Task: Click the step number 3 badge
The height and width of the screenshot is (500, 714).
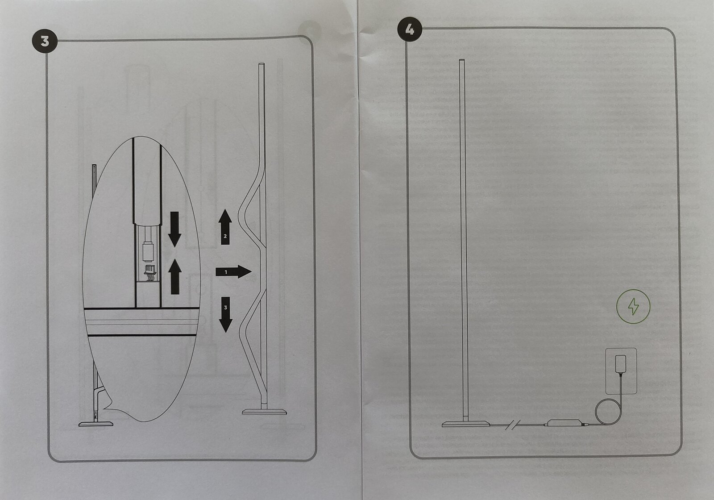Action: (x=45, y=41)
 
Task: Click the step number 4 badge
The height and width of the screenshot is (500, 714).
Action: (x=410, y=29)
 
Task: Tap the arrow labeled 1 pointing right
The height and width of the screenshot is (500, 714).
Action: (x=233, y=272)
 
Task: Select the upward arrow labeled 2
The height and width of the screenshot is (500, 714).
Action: (x=225, y=227)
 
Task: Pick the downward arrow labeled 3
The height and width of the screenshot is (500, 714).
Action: (x=226, y=315)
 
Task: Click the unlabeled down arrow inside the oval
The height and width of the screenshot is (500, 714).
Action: (x=174, y=229)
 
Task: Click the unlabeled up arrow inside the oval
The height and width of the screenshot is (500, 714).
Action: (x=175, y=276)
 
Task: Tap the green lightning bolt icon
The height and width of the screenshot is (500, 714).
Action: (x=633, y=307)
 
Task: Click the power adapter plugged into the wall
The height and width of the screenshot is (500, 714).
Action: (x=620, y=364)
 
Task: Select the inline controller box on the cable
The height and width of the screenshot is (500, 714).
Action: (x=564, y=423)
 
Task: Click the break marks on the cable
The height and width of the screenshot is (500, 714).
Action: (x=513, y=425)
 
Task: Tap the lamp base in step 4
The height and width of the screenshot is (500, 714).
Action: (x=466, y=424)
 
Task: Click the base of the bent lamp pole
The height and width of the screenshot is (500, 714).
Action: (x=264, y=412)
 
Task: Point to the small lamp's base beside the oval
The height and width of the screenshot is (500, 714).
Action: (x=96, y=424)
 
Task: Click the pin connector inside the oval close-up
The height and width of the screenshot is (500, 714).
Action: (x=150, y=272)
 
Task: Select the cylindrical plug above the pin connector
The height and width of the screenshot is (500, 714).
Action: (x=148, y=252)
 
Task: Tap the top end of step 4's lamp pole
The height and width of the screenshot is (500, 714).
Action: (x=461, y=60)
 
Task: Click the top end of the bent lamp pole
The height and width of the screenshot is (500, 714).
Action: (x=262, y=64)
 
